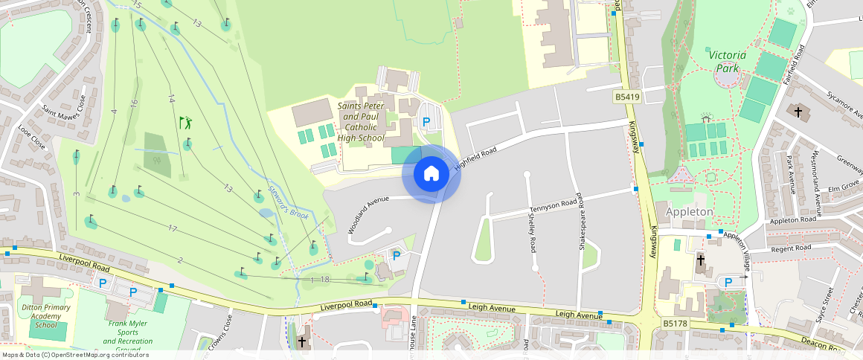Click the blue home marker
[x=431, y=174]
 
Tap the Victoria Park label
[x=726, y=61]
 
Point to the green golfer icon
[x=185, y=121]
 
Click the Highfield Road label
[x=475, y=160]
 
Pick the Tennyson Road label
[x=554, y=205]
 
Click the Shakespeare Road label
[x=580, y=223]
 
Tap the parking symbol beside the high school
[x=426, y=122]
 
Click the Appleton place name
[x=689, y=212]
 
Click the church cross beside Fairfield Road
[x=799, y=112]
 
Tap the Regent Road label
[x=792, y=248]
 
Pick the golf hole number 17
[x=173, y=228]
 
